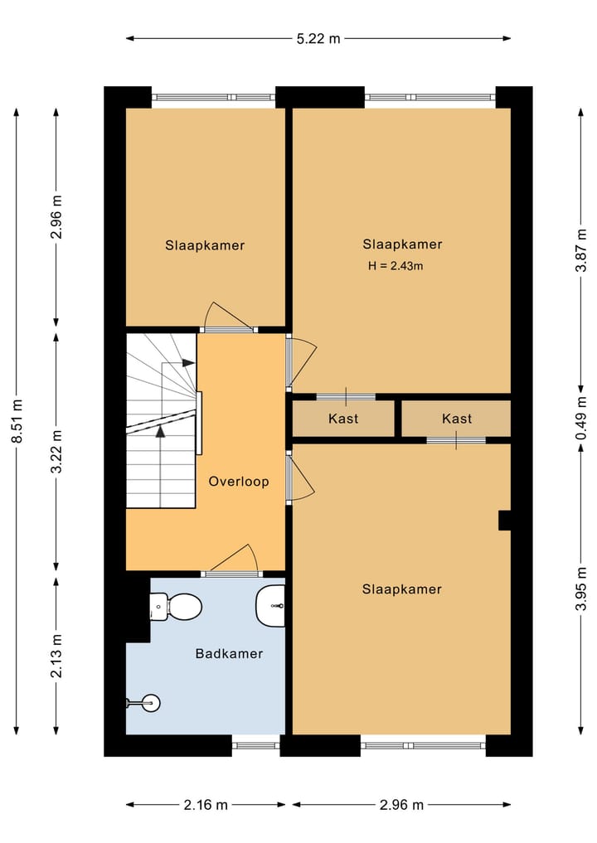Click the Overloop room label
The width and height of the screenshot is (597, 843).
pos(239,482)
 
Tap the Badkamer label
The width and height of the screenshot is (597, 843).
pos(229,654)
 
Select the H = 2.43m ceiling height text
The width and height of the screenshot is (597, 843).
pos(396,266)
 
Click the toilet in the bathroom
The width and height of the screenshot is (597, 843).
pos(177,606)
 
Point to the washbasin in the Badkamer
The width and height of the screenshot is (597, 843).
pos(271,606)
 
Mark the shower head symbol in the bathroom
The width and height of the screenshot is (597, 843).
pos(146,703)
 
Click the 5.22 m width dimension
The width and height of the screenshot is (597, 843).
pos(318,38)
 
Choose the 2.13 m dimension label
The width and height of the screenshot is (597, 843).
pos(56,656)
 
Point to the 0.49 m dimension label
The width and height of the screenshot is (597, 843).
pos(582,419)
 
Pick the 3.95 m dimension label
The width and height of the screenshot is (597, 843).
pos(582,588)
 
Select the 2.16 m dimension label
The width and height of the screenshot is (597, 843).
pos(206,805)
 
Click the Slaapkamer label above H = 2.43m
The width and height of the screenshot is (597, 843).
pos(402,245)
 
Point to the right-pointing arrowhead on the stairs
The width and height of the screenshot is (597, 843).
pos(189,363)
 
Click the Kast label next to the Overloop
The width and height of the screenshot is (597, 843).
pos(343,419)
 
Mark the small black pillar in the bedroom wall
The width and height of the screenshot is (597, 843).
pos(503,520)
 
